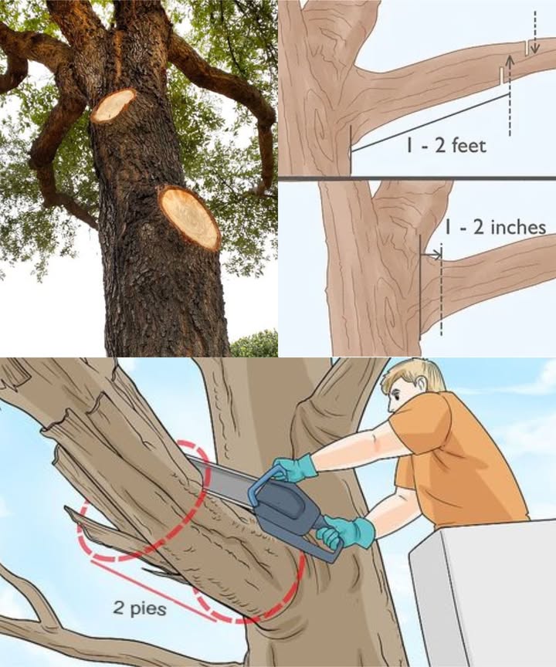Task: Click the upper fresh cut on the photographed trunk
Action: click(114, 105)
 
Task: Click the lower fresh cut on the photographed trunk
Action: click(190, 218)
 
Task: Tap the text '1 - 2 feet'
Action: click(446, 146)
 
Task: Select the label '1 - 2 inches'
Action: click(496, 227)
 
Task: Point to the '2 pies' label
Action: click(140, 609)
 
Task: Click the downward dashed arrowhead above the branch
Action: click(535, 48)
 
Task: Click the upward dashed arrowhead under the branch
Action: click(510, 61)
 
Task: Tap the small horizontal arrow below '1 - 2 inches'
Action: click(431, 255)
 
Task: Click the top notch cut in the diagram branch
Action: click(527, 48)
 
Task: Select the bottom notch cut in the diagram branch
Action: click(501, 76)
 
